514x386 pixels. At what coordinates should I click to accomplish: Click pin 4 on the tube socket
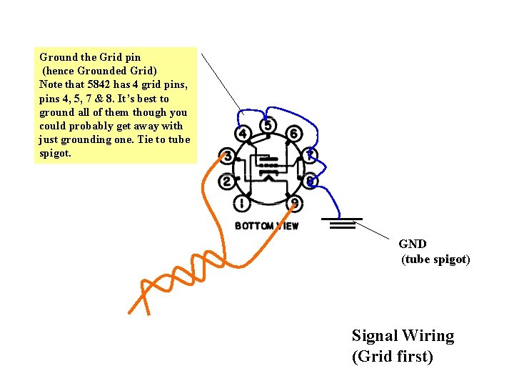click(x=243, y=134)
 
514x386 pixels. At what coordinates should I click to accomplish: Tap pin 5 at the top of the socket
click(x=267, y=126)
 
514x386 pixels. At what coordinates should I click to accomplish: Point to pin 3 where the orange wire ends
click(x=227, y=157)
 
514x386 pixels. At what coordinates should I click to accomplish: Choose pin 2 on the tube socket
click(x=227, y=182)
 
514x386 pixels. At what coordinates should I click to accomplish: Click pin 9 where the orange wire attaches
click(x=295, y=204)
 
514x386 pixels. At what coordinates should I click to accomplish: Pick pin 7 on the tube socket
click(x=310, y=155)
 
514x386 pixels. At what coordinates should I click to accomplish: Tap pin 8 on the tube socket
click(x=310, y=181)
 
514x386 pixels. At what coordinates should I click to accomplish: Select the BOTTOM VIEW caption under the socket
click(x=266, y=226)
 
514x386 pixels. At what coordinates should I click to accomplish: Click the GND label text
click(x=413, y=244)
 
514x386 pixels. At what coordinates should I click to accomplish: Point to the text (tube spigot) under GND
click(x=435, y=259)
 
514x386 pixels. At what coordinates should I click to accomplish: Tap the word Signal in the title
click(x=375, y=336)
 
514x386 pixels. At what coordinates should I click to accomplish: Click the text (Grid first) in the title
click(x=393, y=356)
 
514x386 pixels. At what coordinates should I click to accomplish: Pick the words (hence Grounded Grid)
click(x=99, y=71)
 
